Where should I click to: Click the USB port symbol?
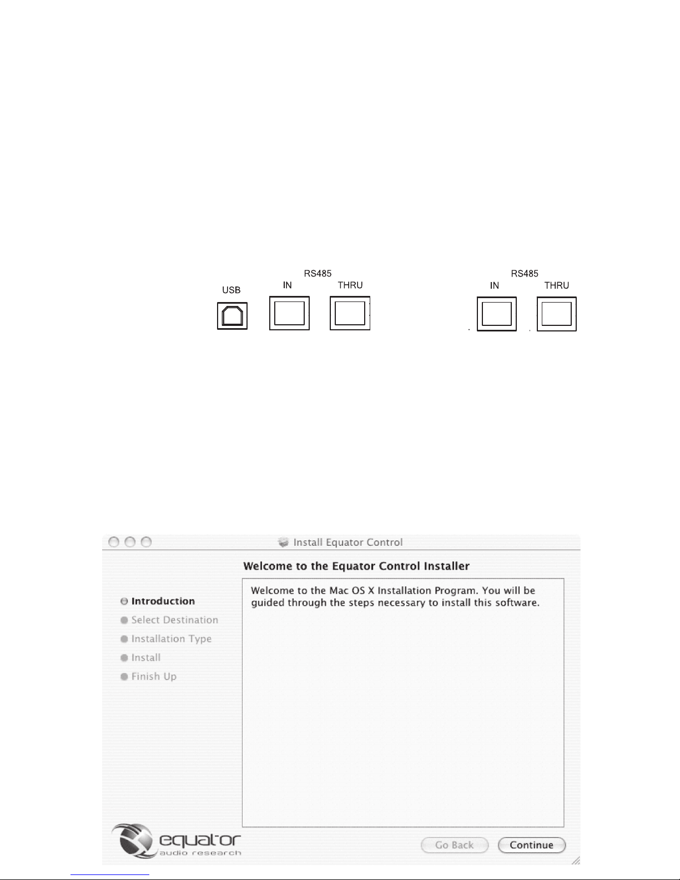tap(232, 316)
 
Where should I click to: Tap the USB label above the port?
tap(231, 290)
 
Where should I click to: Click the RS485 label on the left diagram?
tap(318, 273)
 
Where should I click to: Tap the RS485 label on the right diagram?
tap(525, 274)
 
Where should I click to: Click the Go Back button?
tap(455, 845)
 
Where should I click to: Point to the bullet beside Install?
tap(124, 658)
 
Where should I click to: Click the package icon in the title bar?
tap(284, 542)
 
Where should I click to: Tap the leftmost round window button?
tap(114, 542)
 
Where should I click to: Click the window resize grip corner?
tap(576, 860)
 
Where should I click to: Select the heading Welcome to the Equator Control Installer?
tap(356, 566)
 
